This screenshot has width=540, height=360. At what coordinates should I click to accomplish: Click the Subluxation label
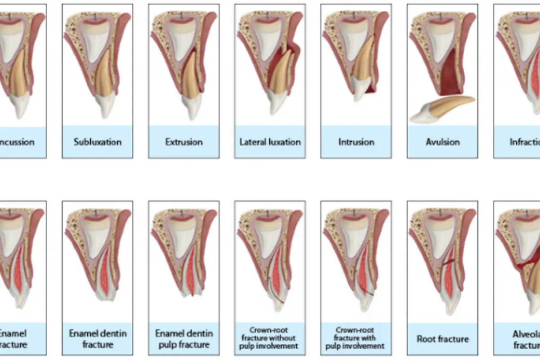(97, 142)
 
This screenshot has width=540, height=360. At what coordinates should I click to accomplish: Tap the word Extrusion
(184, 142)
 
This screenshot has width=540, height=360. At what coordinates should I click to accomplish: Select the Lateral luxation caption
(270, 142)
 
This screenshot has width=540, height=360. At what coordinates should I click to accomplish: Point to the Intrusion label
(356, 142)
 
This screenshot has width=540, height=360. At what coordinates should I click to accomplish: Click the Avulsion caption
(442, 142)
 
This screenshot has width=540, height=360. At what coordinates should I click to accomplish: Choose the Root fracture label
(442, 339)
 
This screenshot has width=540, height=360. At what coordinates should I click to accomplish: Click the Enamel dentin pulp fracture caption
(184, 339)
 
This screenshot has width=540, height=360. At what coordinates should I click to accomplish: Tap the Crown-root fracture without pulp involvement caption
(270, 339)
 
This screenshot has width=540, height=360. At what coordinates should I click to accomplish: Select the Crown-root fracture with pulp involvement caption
(356, 339)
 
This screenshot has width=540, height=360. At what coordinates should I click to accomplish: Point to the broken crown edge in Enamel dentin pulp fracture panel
(189, 295)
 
